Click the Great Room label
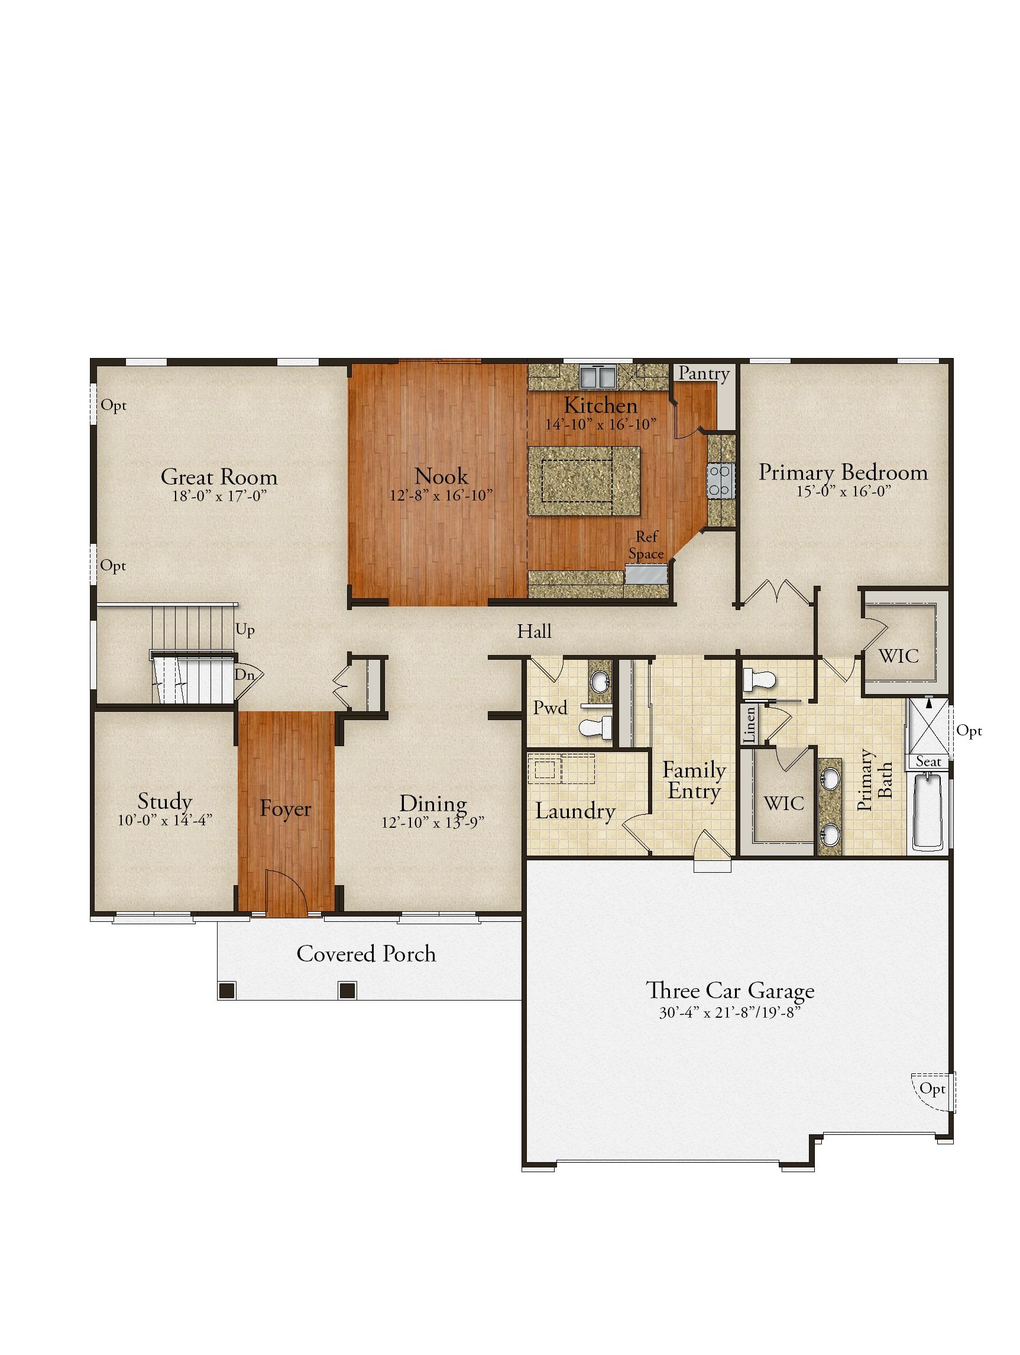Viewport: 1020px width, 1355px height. (219, 477)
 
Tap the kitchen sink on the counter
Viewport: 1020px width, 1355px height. (597, 377)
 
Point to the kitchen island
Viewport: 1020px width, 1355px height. (584, 480)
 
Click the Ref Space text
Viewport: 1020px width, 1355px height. (646, 545)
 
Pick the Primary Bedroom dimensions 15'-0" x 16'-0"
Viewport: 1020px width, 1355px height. (843, 491)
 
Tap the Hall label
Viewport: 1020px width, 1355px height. (534, 631)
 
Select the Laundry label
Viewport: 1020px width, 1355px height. (575, 811)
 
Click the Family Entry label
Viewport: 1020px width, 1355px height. (694, 780)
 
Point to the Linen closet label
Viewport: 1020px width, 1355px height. (749, 725)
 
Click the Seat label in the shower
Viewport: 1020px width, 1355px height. (928, 762)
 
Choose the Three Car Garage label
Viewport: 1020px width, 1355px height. (730, 991)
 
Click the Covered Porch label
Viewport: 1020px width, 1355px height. (366, 954)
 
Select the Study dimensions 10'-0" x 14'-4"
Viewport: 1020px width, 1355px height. (166, 820)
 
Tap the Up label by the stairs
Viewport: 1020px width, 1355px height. (245, 630)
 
